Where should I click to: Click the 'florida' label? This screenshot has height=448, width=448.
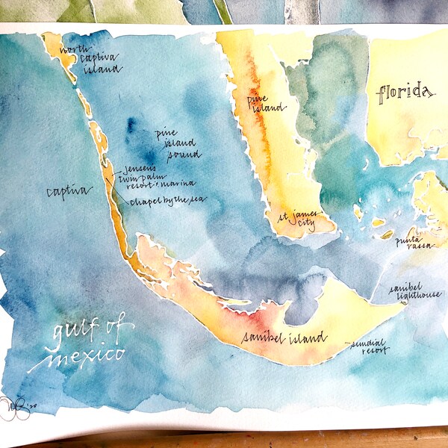pos(405,94)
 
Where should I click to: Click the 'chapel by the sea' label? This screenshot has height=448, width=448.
pos(167,200)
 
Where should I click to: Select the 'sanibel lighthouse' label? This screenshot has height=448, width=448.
pos(415,292)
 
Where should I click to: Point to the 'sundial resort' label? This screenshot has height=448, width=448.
pos(369,347)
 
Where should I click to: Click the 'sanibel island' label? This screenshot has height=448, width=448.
pos(284,338)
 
